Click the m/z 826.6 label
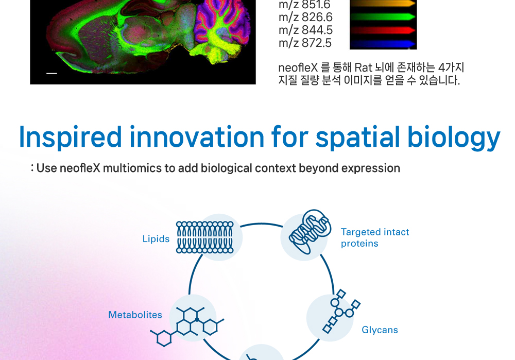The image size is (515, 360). (305, 17)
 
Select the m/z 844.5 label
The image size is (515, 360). (305, 30)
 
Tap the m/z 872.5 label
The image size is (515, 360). (305, 43)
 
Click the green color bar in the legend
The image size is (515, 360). (383, 17)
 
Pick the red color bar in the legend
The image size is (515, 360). (383, 30)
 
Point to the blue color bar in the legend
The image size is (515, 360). (383, 44)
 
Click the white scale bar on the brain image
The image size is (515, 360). (51, 73)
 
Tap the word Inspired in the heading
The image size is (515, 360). (71, 138)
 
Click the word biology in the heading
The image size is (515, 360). (454, 138)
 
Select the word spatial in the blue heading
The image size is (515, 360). (358, 138)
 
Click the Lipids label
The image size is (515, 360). (156, 239)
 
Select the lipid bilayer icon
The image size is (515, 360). (205, 237)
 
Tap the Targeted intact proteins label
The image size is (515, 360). (375, 237)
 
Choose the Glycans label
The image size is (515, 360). (380, 330)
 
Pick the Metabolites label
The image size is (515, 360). (135, 315)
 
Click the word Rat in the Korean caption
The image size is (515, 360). (363, 67)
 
